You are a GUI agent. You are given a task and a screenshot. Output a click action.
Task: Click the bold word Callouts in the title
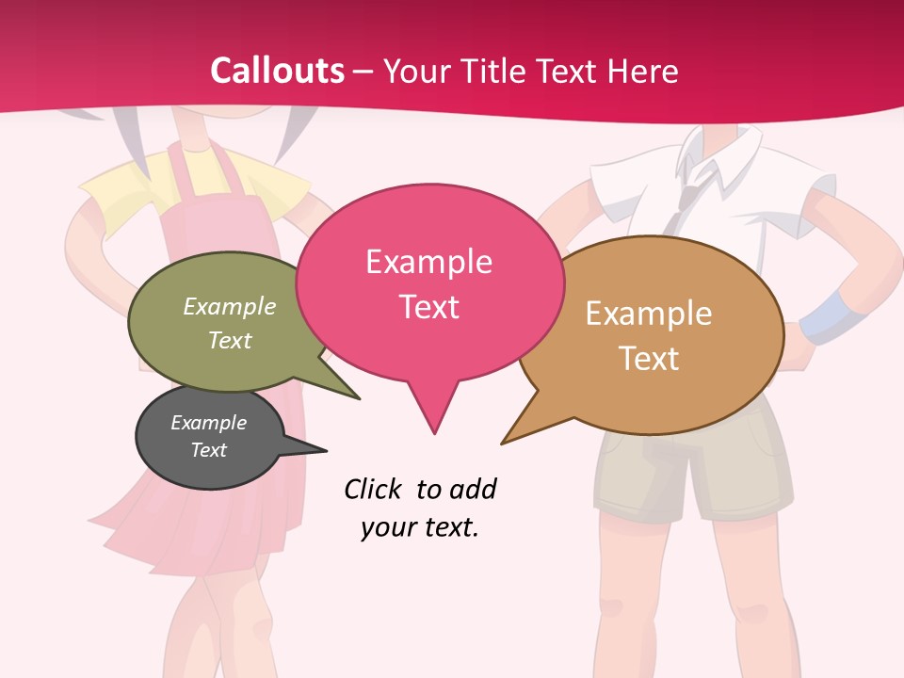pyautogui.click(x=277, y=71)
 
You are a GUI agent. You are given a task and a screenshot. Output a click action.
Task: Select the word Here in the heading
pyautogui.click(x=645, y=71)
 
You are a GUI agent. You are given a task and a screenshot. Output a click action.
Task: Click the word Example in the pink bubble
pyautogui.click(x=428, y=262)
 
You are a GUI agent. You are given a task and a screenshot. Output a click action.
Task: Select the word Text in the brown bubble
pyautogui.click(x=649, y=359)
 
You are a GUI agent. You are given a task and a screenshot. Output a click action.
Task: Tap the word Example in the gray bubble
pyautogui.click(x=208, y=423)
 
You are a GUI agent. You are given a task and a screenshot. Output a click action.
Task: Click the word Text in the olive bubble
pyautogui.click(x=230, y=341)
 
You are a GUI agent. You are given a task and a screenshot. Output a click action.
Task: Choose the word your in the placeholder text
pyautogui.click(x=387, y=527)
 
